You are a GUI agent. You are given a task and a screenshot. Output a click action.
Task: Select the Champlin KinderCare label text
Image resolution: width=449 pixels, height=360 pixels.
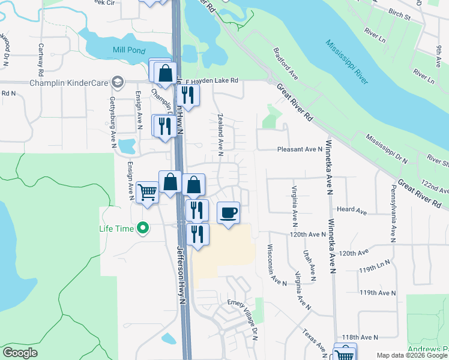[x=71, y=82]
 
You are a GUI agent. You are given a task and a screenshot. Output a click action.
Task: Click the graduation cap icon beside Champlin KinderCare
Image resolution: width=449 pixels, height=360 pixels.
[x=118, y=82]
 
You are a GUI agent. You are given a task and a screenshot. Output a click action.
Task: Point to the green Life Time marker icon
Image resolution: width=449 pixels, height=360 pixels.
[x=142, y=228]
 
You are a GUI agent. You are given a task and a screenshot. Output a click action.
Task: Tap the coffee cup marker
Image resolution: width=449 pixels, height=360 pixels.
[x=228, y=213]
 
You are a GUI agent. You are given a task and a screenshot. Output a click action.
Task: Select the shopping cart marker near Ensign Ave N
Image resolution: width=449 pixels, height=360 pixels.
[x=148, y=193]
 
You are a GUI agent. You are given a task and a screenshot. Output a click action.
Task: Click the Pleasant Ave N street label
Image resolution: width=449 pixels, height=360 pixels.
[x=300, y=149]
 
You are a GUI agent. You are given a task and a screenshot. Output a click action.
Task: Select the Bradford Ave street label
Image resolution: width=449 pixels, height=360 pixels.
[x=286, y=64]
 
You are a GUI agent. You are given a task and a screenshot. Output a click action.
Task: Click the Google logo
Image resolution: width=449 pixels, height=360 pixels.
[x=20, y=353]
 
